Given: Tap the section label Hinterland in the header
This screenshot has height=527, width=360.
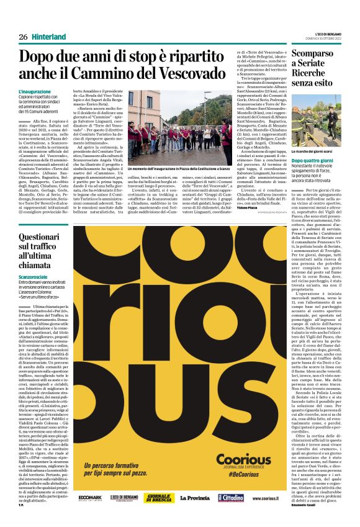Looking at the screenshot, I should point(49,37).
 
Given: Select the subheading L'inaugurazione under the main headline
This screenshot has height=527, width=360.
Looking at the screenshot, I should point(36,92).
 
